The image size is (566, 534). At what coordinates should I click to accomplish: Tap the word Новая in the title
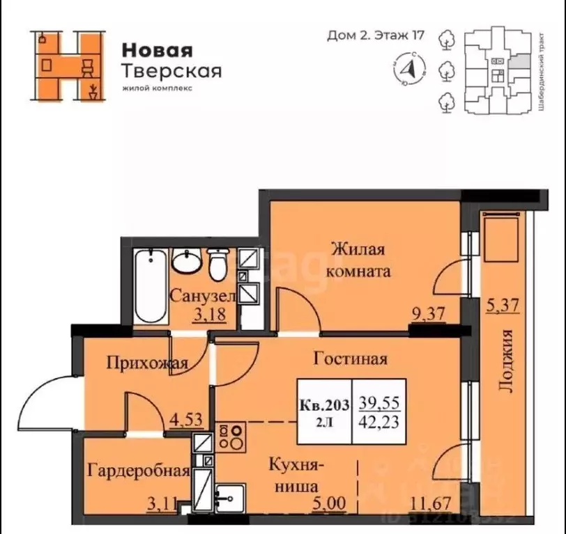[157, 50]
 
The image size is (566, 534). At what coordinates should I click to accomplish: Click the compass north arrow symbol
[411, 68]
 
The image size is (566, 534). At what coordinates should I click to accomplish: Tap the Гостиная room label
[350, 359]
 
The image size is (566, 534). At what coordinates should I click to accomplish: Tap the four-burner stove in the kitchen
[231, 436]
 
